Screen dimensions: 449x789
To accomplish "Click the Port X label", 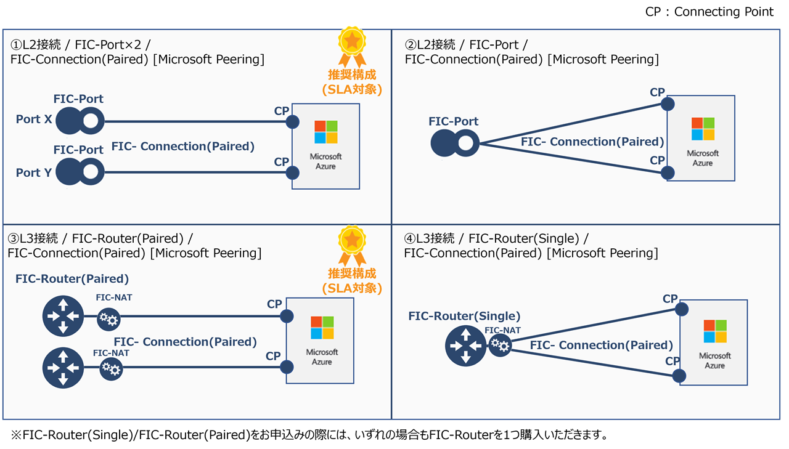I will click(34, 119).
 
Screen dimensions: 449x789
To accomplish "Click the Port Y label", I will click(34, 172).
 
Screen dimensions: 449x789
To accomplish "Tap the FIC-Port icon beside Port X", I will click(80, 121).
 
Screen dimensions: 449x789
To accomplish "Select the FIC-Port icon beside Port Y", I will click(80, 172).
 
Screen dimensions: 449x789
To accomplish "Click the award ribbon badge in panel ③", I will click(352, 244).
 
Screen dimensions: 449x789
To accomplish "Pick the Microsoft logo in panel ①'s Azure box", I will click(325, 132).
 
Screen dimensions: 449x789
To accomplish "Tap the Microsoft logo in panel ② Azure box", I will click(703, 129).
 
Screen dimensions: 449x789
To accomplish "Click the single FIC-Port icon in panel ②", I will click(455, 144).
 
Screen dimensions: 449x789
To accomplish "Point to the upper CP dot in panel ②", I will click(668, 103).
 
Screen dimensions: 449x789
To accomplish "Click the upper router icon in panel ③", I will click(63, 316).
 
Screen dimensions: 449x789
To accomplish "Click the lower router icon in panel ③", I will click(63, 368).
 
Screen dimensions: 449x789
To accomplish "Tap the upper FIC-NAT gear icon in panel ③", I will click(110, 319).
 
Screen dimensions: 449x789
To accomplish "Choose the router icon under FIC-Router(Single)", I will click(466, 346).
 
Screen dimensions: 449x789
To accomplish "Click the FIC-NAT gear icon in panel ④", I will click(500, 346).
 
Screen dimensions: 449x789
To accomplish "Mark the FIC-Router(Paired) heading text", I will click(72, 279).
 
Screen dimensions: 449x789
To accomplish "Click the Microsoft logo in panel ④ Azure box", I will click(715, 331).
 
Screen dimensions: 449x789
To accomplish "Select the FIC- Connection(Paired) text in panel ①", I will click(183, 147).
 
